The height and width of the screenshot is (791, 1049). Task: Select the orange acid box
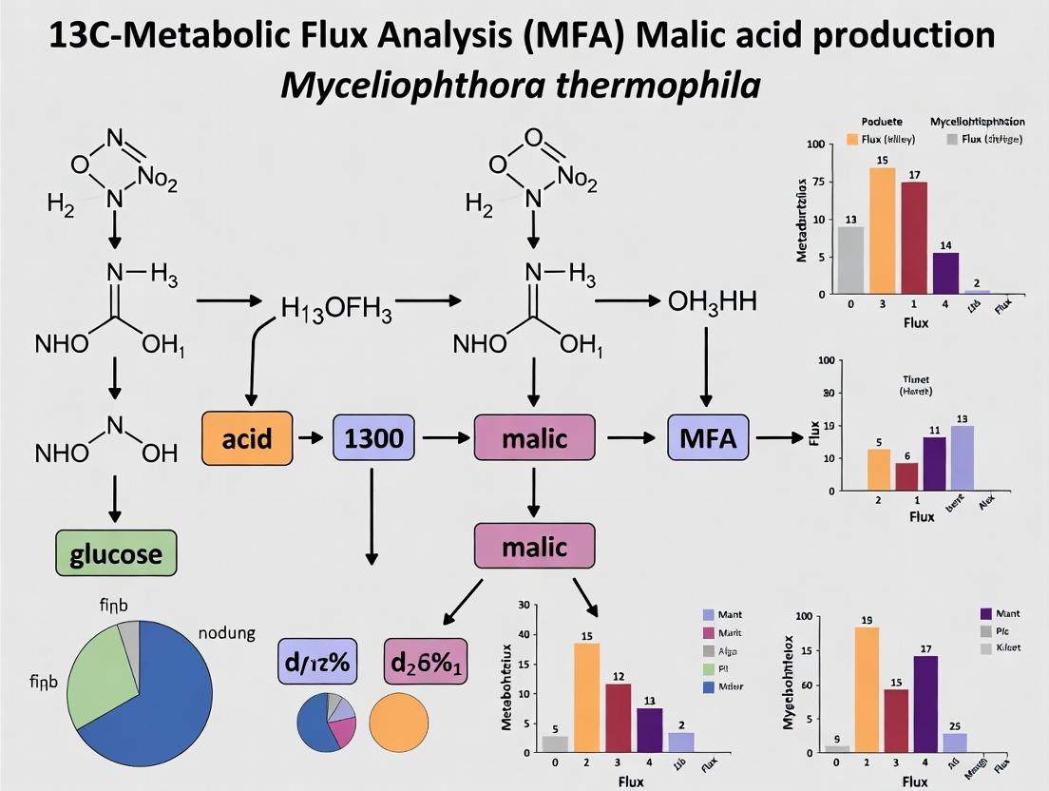[246, 438]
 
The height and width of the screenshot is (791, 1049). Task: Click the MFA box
[709, 438]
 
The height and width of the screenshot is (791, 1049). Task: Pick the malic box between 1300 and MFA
[534, 438]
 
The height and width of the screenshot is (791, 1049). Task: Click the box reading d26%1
[425, 661]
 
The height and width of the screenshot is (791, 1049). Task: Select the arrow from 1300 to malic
[446, 438]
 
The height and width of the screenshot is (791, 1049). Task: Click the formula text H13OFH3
[336, 309]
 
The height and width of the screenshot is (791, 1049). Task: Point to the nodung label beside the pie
[226, 633]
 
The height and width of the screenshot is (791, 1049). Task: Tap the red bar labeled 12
[591, 717]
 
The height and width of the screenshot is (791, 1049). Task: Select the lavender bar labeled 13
[962, 457]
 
